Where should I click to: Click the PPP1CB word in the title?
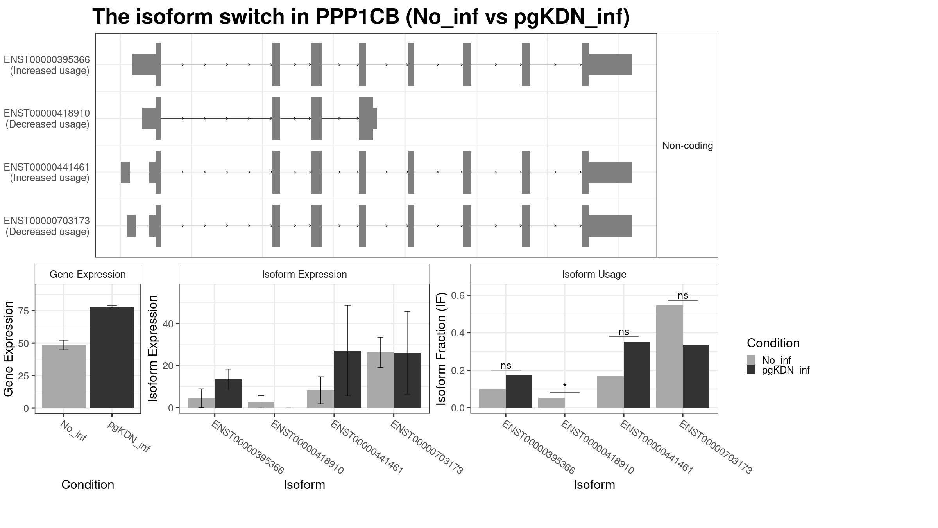point(357,17)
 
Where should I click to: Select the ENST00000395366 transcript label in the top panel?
point(47,60)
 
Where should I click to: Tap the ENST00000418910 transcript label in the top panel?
point(47,113)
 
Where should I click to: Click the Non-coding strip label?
point(687,146)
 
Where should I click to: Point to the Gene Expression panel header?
point(88,274)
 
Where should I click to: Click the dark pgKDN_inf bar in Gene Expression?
point(112,357)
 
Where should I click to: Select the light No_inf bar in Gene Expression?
point(64,376)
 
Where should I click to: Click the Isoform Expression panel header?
point(304,274)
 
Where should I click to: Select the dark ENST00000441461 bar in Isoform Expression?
point(347,379)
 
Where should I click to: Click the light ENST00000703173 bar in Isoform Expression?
point(380,380)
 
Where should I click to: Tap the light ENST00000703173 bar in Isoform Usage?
point(669,357)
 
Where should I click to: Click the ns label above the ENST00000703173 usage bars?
point(683,296)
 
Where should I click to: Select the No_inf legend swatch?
point(751,360)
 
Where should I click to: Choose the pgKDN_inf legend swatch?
point(751,370)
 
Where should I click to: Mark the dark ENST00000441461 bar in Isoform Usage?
point(637,375)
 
